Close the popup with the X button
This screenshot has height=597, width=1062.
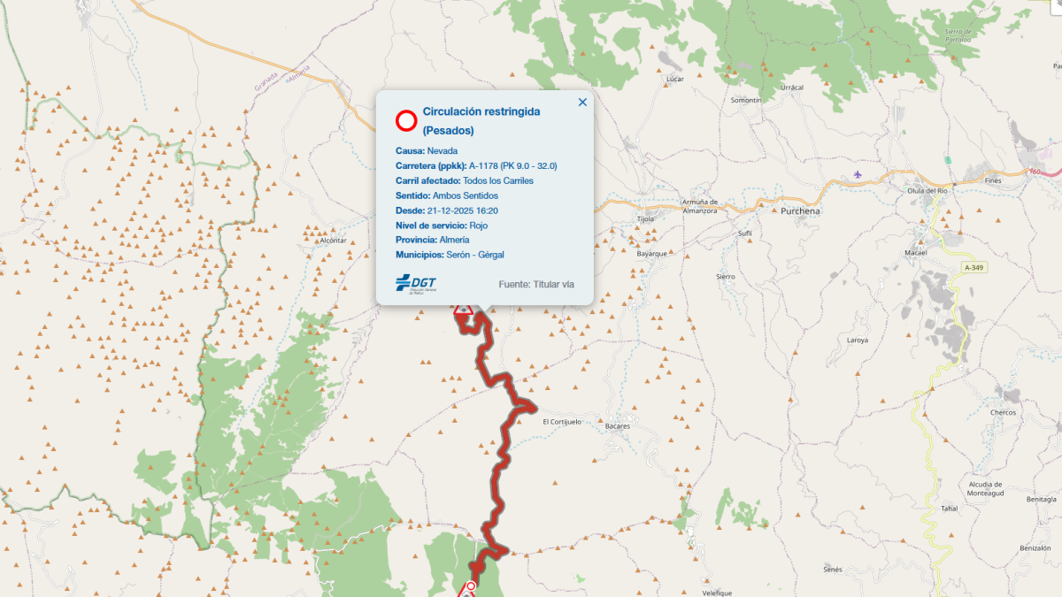point(582,102)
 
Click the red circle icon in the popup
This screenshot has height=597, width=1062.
point(406,120)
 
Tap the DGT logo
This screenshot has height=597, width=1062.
point(416,283)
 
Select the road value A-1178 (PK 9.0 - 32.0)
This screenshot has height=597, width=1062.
point(512,165)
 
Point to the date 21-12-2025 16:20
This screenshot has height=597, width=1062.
point(462,210)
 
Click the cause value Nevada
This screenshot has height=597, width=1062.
point(442,150)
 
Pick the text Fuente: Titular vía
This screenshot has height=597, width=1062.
point(536,284)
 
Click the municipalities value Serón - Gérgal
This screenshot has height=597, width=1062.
point(475,255)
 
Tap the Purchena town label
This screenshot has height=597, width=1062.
point(800,211)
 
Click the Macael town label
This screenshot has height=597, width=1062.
point(939,252)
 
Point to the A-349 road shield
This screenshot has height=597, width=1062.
point(973,267)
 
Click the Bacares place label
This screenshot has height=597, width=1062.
point(618,425)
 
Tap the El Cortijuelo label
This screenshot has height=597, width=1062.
point(562,422)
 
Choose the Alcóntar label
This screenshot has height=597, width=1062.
point(333,241)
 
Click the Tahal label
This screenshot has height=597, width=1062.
point(950,509)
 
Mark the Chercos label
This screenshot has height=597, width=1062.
point(1004,413)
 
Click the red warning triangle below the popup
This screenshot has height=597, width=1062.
point(462,311)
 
